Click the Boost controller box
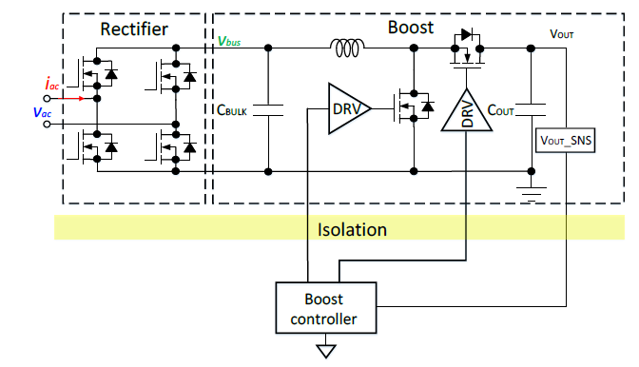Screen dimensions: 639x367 [326, 308]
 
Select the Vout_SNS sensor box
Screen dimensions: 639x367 [565, 141]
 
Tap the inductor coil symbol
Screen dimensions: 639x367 [347, 48]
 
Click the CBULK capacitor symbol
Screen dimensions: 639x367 [268, 110]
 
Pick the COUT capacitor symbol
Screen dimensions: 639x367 [531, 110]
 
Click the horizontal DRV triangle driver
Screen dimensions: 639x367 [349, 108]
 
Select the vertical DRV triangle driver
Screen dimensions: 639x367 [467, 111]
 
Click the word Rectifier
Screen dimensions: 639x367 [134, 29]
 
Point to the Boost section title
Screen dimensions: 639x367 [411, 28]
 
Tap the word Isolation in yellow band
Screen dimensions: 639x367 [352, 230]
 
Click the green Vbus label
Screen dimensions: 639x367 [229, 41]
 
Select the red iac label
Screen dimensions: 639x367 [52, 85]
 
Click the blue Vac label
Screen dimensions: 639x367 [42, 112]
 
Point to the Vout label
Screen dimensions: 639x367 [562, 34]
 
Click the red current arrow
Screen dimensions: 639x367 [71, 99]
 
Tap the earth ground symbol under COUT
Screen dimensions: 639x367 [531, 194]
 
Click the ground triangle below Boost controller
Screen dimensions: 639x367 [325, 351]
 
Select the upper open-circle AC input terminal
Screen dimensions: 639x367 [47, 99]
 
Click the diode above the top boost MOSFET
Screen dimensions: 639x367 [467, 34]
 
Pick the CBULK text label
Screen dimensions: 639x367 [231, 110]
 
